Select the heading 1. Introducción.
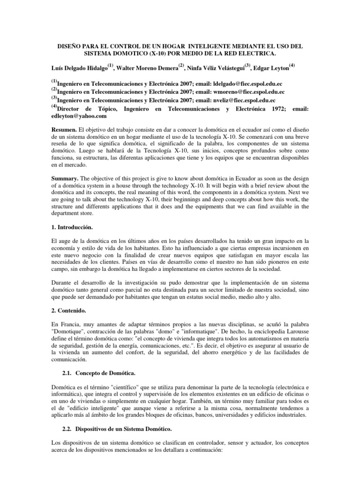(73, 228)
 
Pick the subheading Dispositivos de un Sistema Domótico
(122, 429)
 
